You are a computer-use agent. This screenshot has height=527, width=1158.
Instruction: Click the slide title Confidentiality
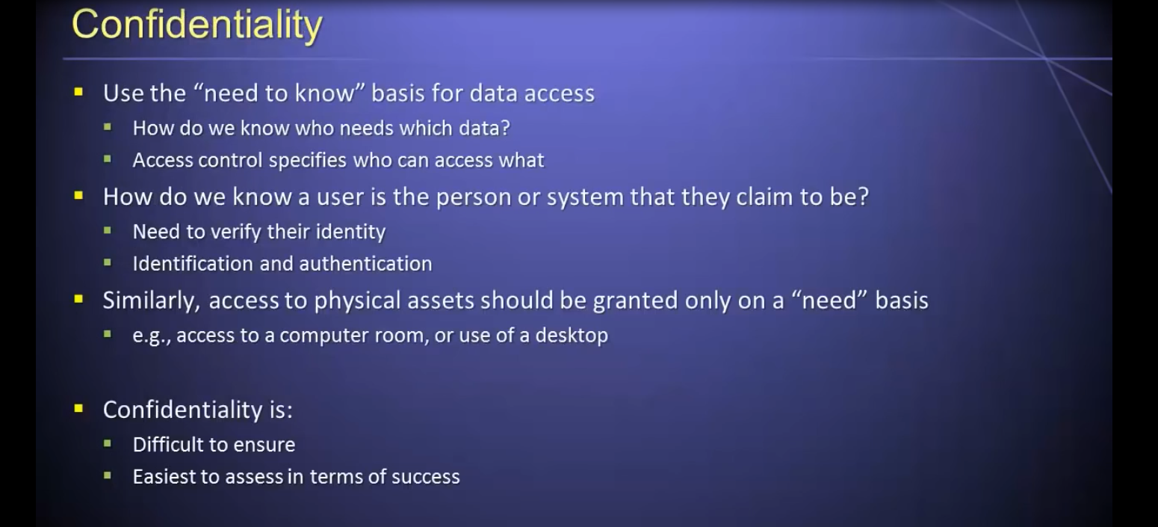pyautogui.click(x=197, y=25)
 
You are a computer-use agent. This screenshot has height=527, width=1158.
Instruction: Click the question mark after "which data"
pyautogui.click(x=505, y=128)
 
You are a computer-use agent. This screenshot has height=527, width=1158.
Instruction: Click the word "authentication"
pyautogui.click(x=365, y=264)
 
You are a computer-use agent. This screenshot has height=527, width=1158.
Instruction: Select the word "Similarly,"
pyautogui.click(x=151, y=301)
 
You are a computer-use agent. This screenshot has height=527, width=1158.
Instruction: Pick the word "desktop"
pyautogui.click(x=572, y=335)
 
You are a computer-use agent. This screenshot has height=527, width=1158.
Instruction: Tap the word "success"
pyautogui.click(x=425, y=477)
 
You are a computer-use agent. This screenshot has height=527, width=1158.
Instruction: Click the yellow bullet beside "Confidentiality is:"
pyautogui.click(x=78, y=409)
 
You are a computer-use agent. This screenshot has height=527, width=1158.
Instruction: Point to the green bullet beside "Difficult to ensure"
pyautogui.click(x=108, y=443)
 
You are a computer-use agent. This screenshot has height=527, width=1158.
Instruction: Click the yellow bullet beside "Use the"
pyautogui.click(x=78, y=92)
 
